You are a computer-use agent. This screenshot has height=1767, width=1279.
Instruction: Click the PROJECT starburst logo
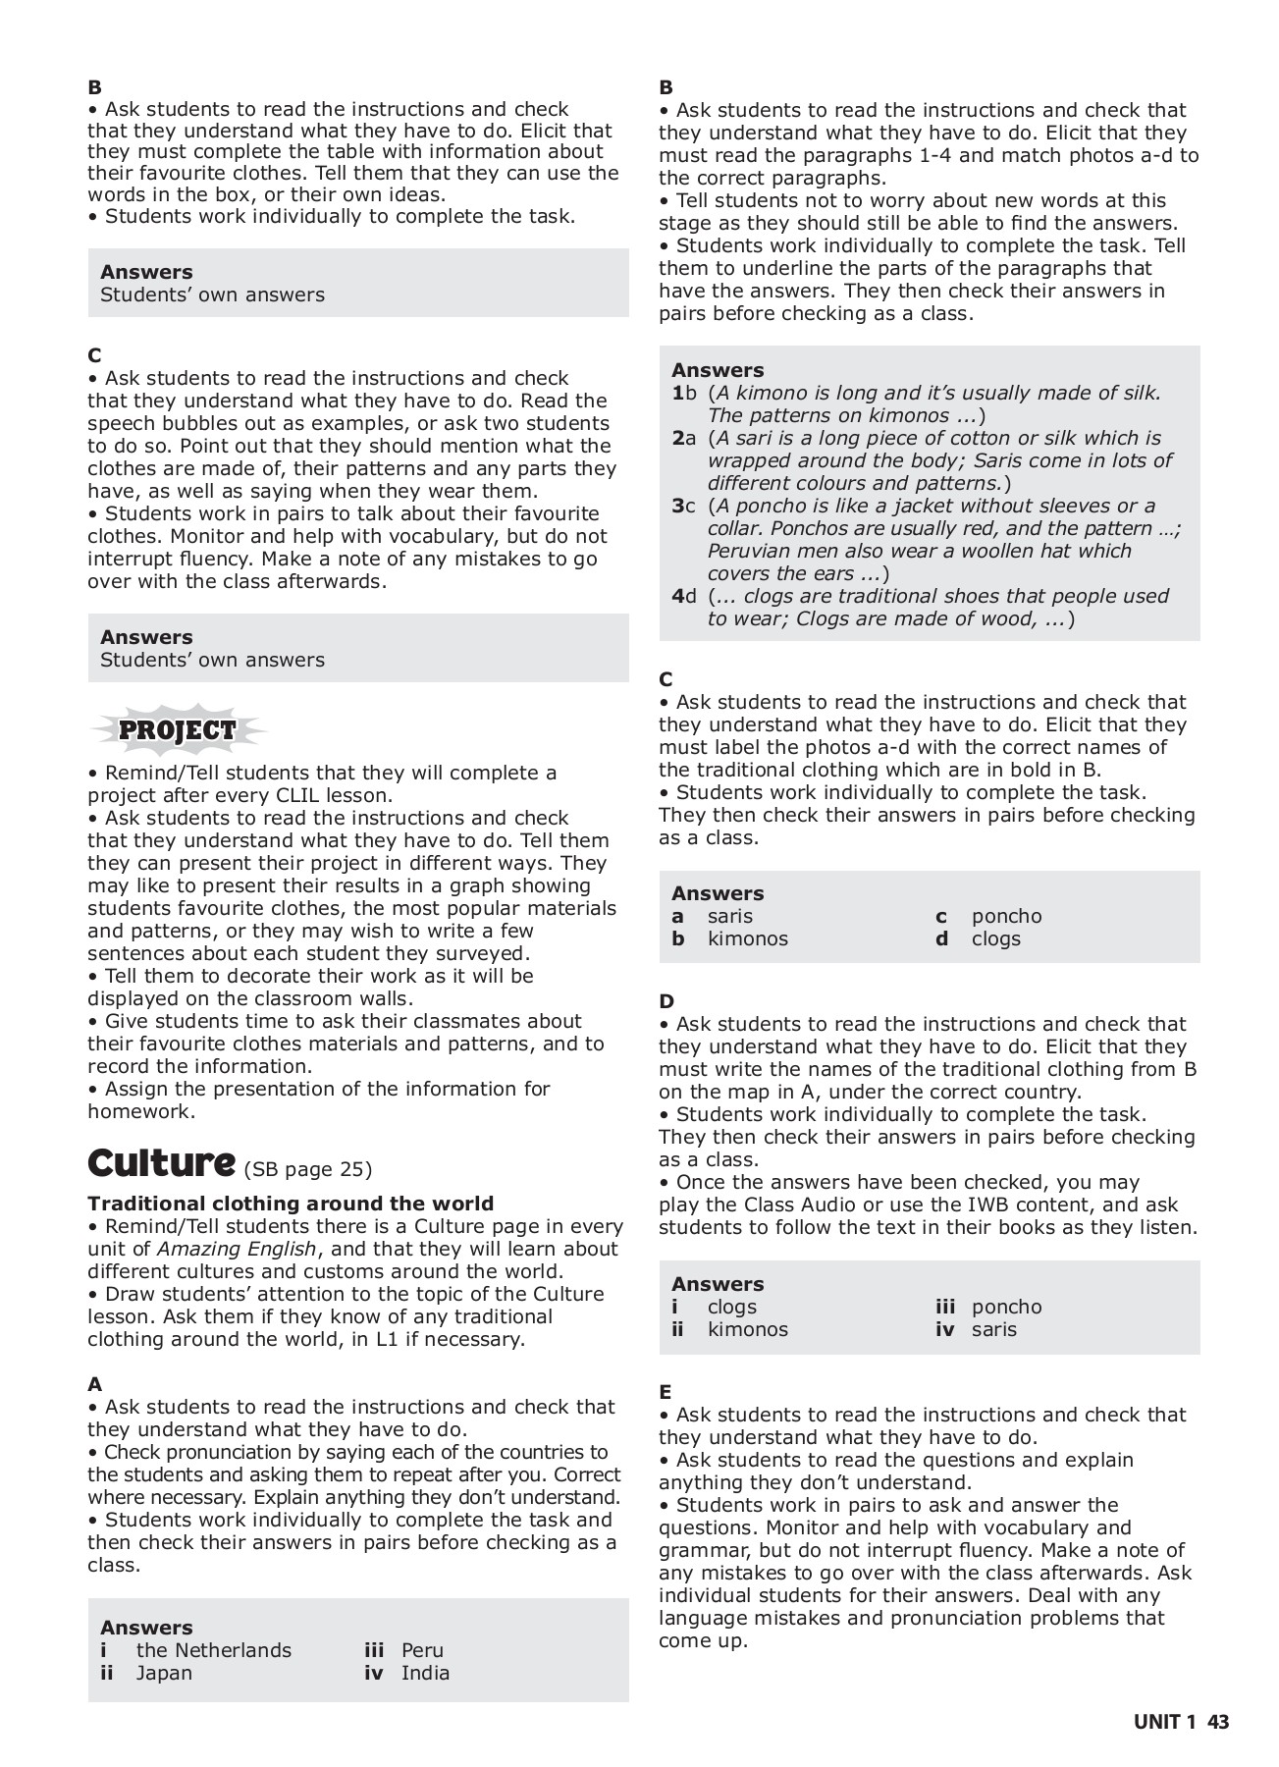(x=177, y=730)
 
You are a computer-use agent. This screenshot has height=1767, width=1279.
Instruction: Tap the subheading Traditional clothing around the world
(x=291, y=1204)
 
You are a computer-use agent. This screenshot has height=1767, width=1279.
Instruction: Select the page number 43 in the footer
(x=1218, y=1722)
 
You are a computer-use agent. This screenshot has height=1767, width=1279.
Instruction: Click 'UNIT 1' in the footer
(x=1165, y=1722)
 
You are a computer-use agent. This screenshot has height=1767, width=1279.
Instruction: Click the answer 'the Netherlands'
(x=213, y=1650)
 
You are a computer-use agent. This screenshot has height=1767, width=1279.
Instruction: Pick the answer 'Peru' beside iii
(x=422, y=1650)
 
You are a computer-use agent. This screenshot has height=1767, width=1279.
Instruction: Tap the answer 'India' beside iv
(x=425, y=1673)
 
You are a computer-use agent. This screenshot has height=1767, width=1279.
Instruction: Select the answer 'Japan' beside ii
(x=164, y=1673)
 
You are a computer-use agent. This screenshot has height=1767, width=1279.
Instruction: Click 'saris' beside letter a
(x=729, y=916)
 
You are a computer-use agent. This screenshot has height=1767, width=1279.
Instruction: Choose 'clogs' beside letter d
(x=995, y=938)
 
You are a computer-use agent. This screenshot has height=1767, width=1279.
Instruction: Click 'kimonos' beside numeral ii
(x=747, y=1329)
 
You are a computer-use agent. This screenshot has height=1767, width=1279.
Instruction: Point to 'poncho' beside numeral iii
(x=1006, y=1307)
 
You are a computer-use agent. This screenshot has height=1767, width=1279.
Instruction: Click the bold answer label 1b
(x=683, y=393)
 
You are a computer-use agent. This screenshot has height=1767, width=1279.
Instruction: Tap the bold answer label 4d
(x=683, y=596)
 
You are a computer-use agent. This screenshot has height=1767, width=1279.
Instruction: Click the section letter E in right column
(x=666, y=1392)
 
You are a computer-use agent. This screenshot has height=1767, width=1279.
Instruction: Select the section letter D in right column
(x=666, y=1001)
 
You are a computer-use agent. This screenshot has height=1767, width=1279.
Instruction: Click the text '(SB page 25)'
(x=307, y=1169)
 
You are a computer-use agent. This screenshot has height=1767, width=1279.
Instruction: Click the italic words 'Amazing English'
(x=237, y=1249)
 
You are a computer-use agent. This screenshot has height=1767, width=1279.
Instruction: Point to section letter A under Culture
(x=94, y=1384)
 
